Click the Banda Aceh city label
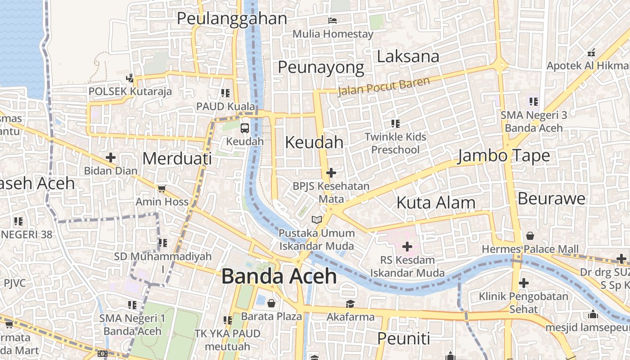tap(279, 276)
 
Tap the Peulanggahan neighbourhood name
tap(232, 18)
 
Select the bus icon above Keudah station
tap(244, 128)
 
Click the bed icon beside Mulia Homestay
tap(333, 21)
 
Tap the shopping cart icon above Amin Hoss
tap(162, 189)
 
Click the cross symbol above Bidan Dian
tap(110, 157)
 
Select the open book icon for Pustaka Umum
tap(317, 220)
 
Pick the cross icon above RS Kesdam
tap(407, 247)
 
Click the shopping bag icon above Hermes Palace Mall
tap(530, 236)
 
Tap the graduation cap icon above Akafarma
tap(350, 304)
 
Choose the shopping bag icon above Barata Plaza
tap(271, 303)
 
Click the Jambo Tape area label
tap(504, 156)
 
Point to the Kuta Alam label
tap(436, 203)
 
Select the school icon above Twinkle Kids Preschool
tap(395, 123)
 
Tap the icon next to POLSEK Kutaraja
tap(130, 78)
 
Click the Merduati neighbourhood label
tap(177, 158)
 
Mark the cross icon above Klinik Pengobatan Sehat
tap(523, 283)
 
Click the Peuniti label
tap(404, 338)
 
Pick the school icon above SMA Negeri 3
tap(534, 102)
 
